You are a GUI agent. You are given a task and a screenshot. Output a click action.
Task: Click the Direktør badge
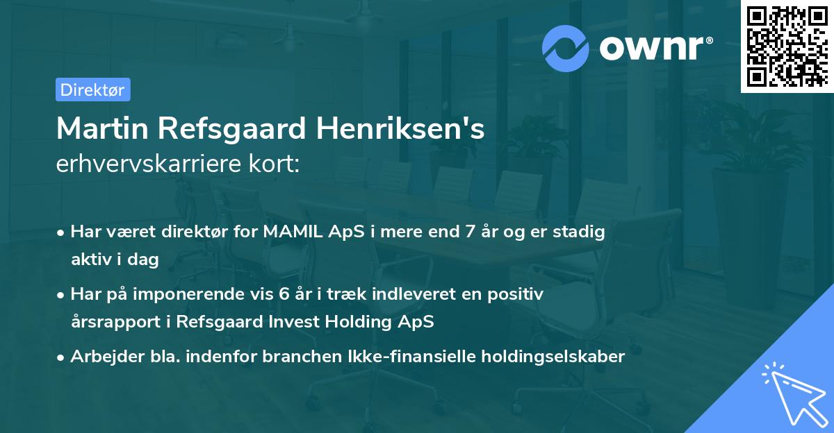[x=92, y=90]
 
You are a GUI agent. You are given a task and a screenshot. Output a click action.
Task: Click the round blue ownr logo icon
[x=566, y=48]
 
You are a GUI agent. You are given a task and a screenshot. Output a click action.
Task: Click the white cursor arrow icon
[x=794, y=394]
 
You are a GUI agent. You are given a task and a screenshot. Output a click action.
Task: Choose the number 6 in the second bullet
[x=284, y=294]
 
